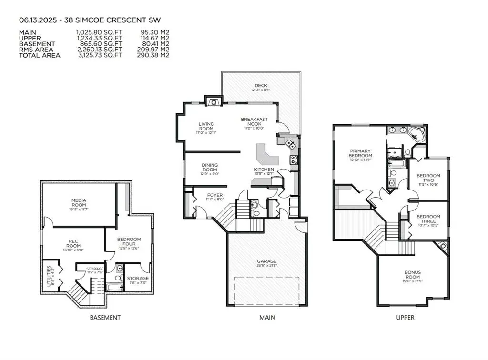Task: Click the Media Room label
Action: click(x=79, y=202)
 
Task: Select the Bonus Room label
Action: click(x=413, y=274)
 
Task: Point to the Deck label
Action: click(x=261, y=86)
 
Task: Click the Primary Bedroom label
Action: click(x=360, y=153)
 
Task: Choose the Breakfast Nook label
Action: click(x=254, y=121)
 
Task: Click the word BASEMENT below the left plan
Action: click(x=105, y=317)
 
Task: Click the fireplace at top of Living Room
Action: click(x=213, y=100)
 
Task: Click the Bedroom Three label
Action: click(x=428, y=219)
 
